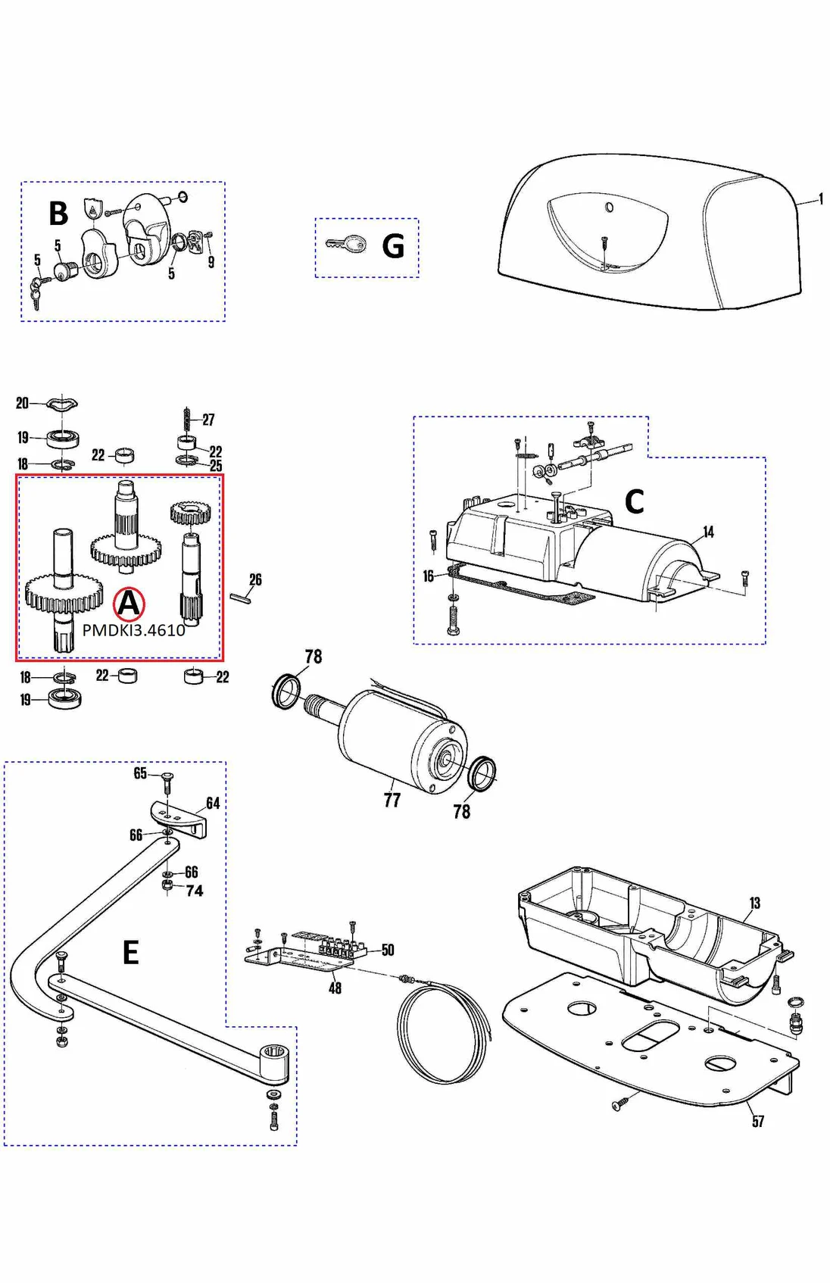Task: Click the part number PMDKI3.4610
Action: point(133,630)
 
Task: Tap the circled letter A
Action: point(129,604)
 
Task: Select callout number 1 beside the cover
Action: point(821,199)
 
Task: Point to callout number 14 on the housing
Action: point(708,532)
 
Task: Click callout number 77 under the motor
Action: point(392,800)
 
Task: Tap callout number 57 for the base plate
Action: point(758,1121)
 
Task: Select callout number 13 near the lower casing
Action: point(754,903)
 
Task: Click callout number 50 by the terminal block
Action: point(388,950)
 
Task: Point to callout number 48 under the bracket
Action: point(335,988)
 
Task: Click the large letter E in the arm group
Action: point(131,952)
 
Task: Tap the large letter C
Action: point(634,501)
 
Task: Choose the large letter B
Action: point(58,214)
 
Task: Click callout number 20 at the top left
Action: point(22,403)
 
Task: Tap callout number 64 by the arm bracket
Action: point(213,803)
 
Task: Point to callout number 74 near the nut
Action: point(195,891)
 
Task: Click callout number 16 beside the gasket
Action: point(428,576)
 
